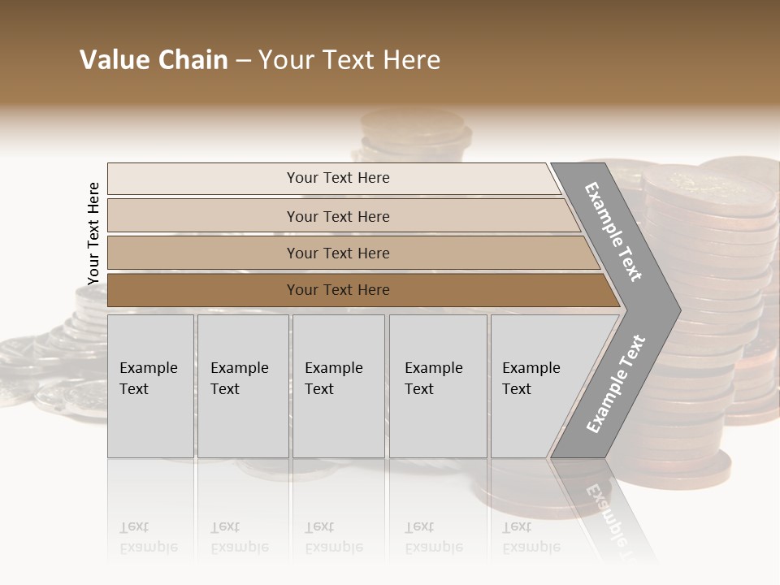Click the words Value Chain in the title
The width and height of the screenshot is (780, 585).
[x=154, y=60]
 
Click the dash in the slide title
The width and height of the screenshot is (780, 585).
[x=243, y=61]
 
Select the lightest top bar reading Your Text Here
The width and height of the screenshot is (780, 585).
[x=337, y=178]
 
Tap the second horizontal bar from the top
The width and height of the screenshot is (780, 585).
[x=337, y=216]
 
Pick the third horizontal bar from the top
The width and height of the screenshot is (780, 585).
[x=337, y=253]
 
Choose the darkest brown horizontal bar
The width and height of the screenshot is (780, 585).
[x=337, y=290]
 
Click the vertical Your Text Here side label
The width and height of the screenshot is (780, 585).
[x=93, y=233]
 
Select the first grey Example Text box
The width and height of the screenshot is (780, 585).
[x=150, y=386]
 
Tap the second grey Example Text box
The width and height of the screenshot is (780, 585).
[x=242, y=386]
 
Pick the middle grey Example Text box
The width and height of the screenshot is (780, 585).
[x=338, y=386]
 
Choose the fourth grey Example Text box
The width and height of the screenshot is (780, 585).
[x=437, y=386]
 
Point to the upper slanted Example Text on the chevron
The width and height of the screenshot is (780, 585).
[x=613, y=232]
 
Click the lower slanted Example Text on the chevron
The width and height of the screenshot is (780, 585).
[x=615, y=384]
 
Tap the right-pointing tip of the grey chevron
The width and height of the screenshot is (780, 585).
[x=676, y=310]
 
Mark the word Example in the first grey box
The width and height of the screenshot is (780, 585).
[x=148, y=368]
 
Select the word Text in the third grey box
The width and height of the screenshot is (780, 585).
[x=319, y=389]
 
